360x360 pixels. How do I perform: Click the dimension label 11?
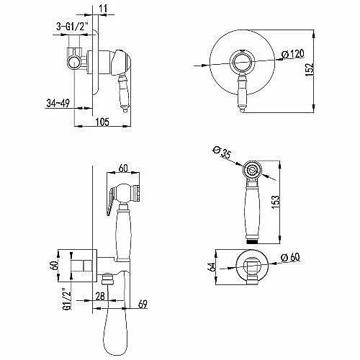click(x=103, y=9)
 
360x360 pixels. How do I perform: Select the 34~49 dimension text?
click(x=58, y=103)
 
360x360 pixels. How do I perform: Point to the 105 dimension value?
click(x=102, y=122)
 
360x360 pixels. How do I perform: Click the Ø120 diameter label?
click(x=292, y=54)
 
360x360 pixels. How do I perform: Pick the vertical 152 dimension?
click(x=310, y=70)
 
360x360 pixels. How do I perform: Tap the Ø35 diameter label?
click(x=222, y=153)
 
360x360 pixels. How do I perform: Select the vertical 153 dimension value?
click(x=276, y=202)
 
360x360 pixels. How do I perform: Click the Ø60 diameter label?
click(x=290, y=258)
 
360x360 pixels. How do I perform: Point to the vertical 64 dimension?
click(x=212, y=267)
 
